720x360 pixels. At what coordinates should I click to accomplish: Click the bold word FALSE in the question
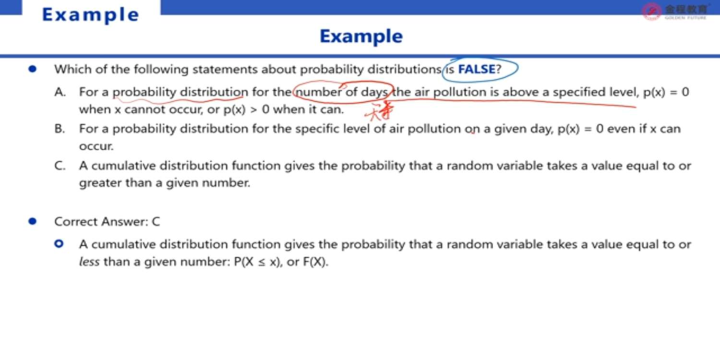coord(477,69)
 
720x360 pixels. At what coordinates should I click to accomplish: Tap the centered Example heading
coord(361,36)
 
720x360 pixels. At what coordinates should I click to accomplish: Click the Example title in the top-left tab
coord(91,15)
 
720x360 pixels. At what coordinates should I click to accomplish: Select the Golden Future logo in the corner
coord(675,12)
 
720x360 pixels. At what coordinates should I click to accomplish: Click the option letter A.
coord(60,92)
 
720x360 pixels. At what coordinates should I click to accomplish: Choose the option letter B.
coord(60,129)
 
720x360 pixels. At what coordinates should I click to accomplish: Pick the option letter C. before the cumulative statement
coord(60,166)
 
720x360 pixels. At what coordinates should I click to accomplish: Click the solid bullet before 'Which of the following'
coord(33,69)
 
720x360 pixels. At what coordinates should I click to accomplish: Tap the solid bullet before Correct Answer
coord(33,221)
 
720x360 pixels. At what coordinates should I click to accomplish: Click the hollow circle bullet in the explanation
coord(59,244)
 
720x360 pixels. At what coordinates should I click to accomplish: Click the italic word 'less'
coord(89,262)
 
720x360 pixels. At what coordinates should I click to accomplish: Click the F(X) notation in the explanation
coord(315,262)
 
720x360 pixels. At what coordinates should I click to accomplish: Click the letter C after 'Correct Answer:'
coord(156,222)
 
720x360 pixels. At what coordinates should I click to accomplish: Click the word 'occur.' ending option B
coord(96,146)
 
